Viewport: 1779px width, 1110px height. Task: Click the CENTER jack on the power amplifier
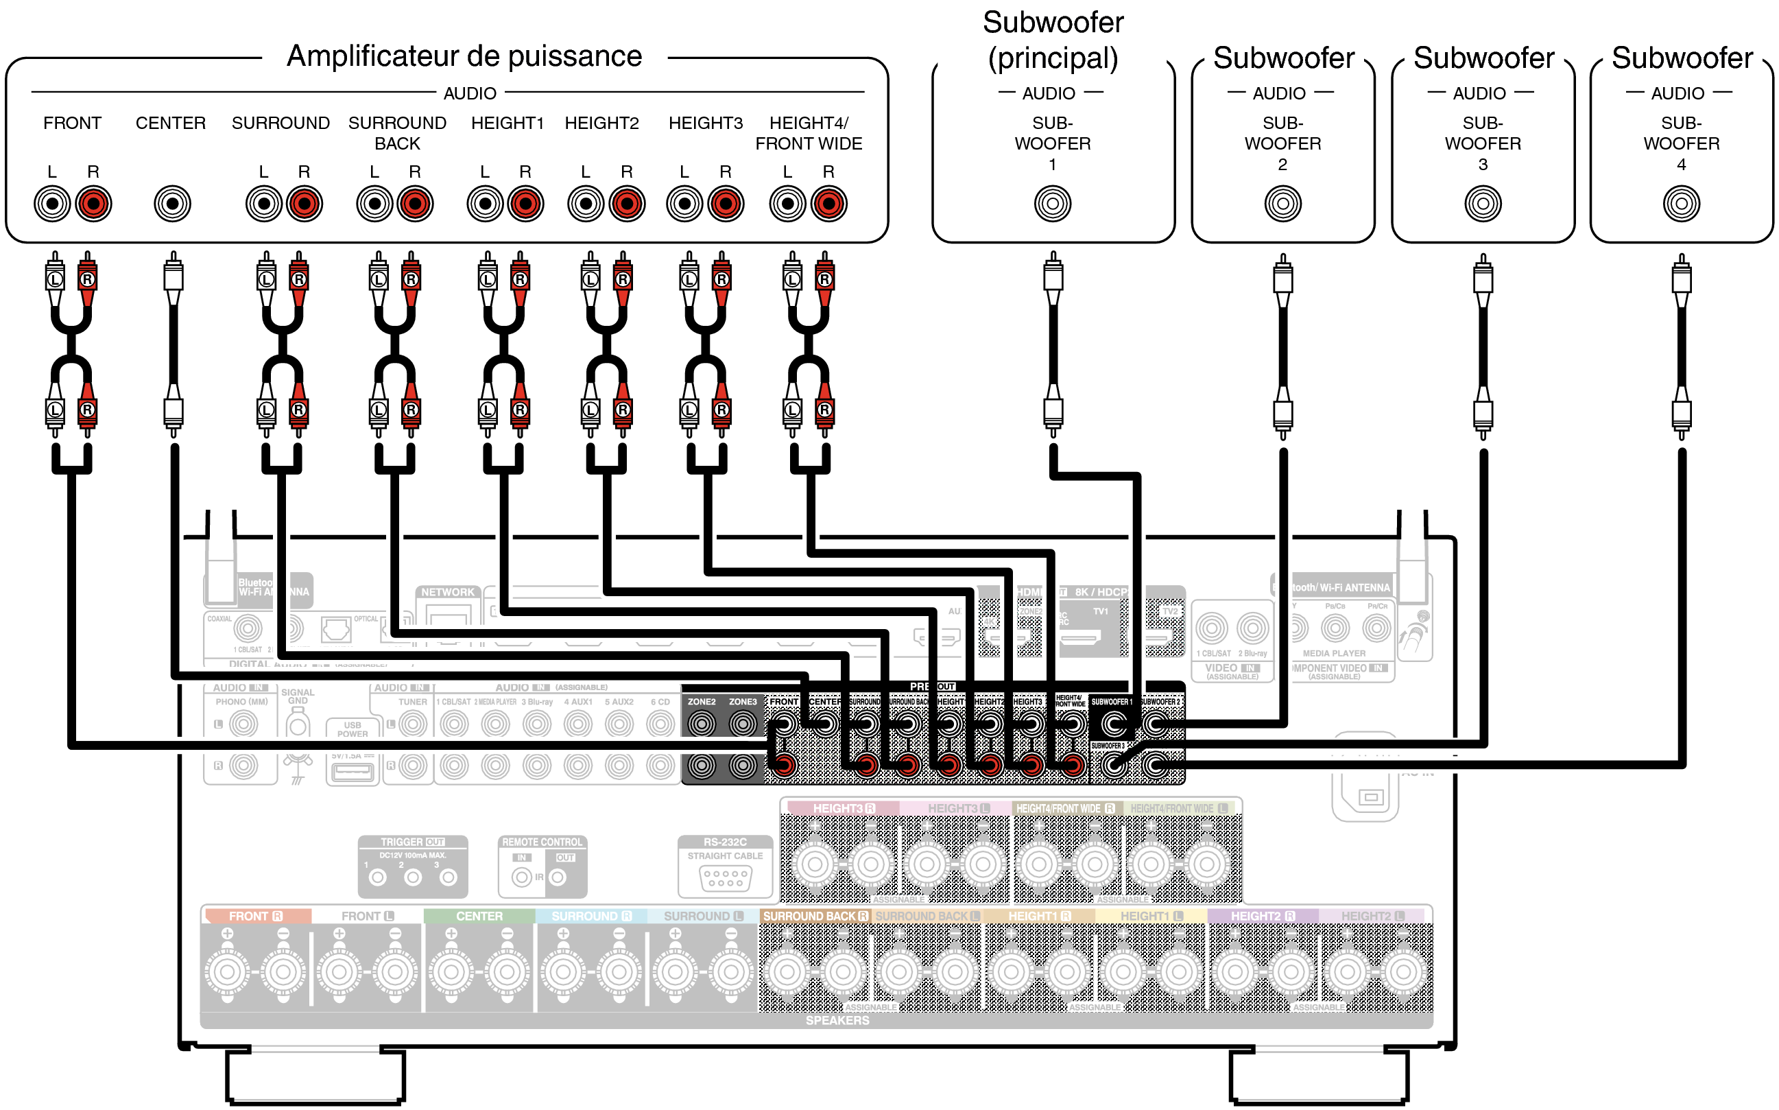pyautogui.click(x=172, y=203)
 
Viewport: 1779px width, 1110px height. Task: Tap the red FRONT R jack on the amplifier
pyautogui.click(x=93, y=203)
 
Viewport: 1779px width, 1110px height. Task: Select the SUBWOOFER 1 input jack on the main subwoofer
pyautogui.click(x=1053, y=203)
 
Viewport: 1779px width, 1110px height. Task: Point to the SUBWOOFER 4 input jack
pyautogui.click(x=1681, y=203)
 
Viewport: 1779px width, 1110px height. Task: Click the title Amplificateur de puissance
pyautogui.click(x=464, y=56)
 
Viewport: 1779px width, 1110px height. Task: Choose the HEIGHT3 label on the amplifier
pyautogui.click(x=705, y=123)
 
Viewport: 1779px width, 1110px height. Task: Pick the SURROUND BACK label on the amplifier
pyautogui.click(x=397, y=133)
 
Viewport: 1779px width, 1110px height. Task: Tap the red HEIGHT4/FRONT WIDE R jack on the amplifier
pyautogui.click(x=828, y=203)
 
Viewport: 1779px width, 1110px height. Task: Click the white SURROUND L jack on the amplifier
pyautogui.click(x=263, y=203)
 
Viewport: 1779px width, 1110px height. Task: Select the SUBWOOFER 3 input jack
pyautogui.click(x=1483, y=203)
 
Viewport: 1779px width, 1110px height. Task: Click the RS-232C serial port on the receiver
pyautogui.click(x=725, y=877)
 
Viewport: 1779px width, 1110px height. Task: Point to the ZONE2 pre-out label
pyautogui.click(x=701, y=702)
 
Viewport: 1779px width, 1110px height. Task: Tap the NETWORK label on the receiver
pyautogui.click(x=448, y=592)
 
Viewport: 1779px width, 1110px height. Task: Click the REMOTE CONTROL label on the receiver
pyautogui.click(x=542, y=842)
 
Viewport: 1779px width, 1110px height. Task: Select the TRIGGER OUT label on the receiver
pyautogui.click(x=412, y=842)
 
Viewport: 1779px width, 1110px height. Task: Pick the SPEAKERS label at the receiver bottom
pyautogui.click(x=837, y=1020)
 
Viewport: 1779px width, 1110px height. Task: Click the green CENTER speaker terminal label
pyautogui.click(x=479, y=916)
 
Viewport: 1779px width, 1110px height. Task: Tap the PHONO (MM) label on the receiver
pyautogui.click(x=241, y=702)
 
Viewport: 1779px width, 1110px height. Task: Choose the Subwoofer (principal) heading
pyautogui.click(x=1053, y=40)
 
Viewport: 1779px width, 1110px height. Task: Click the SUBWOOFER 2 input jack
pyautogui.click(x=1282, y=203)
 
